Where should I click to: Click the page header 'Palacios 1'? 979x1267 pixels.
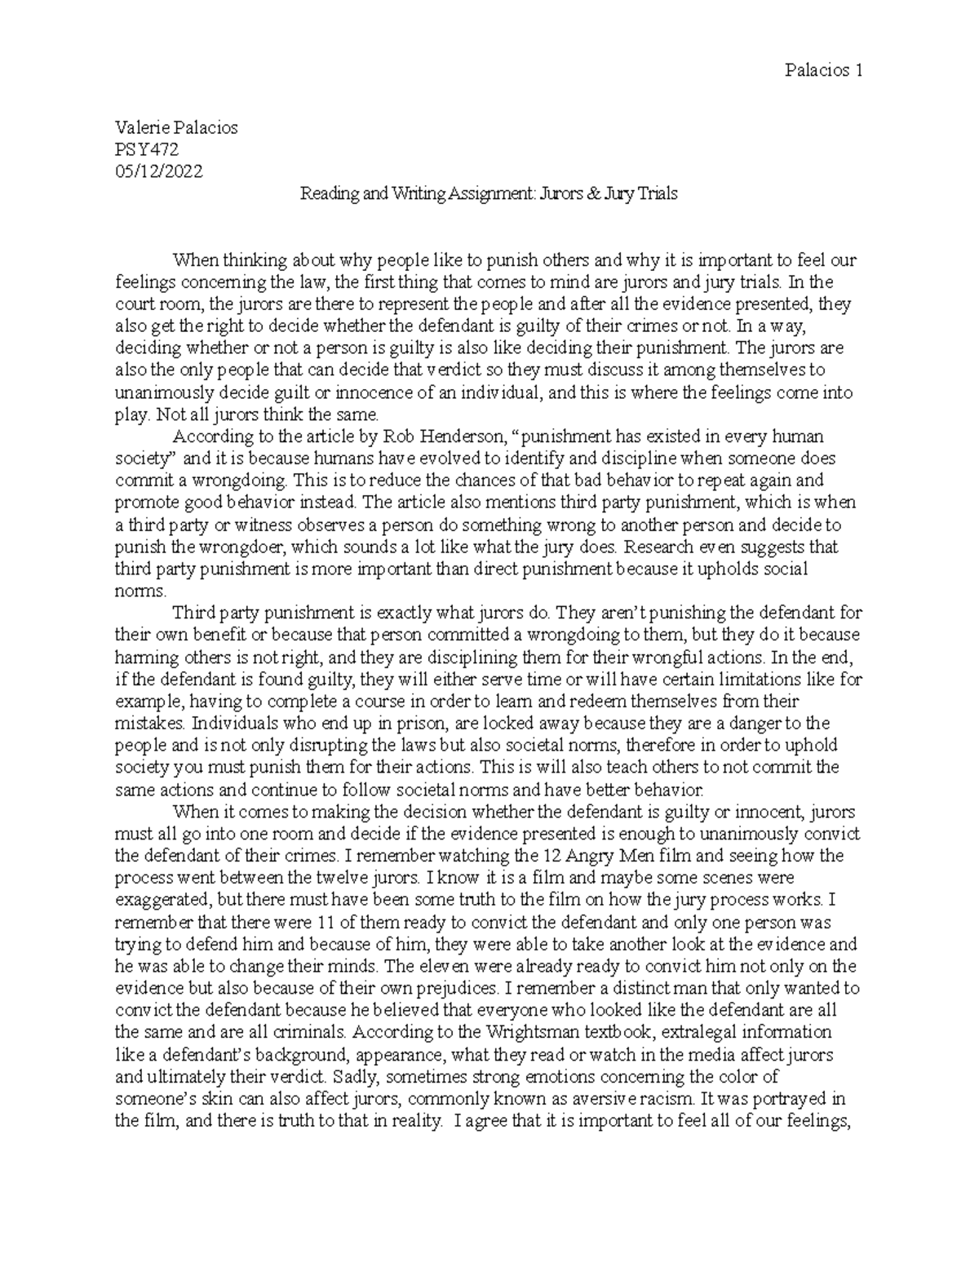827,70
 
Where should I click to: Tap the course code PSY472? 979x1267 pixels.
147,149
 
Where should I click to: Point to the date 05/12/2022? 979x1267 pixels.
159,171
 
